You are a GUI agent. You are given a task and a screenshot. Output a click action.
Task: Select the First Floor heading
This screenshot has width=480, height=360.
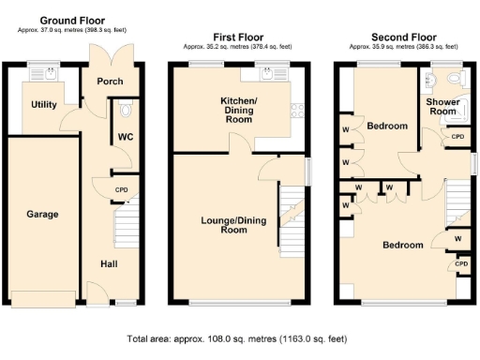pyautogui.click(x=239, y=36)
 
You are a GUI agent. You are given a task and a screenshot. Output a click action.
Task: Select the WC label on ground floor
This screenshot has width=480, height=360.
pyautogui.click(x=123, y=138)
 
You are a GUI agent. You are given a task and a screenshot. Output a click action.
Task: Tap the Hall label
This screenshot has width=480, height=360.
pyautogui.click(x=109, y=263)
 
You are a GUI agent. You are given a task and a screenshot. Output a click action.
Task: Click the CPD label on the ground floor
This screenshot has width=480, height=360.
pyautogui.click(x=121, y=190)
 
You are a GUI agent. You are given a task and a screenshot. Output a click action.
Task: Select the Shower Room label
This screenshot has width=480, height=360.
pyautogui.click(x=442, y=106)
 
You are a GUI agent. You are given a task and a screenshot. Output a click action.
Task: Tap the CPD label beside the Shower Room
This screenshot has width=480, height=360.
pyautogui.click(x=457, y=137)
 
